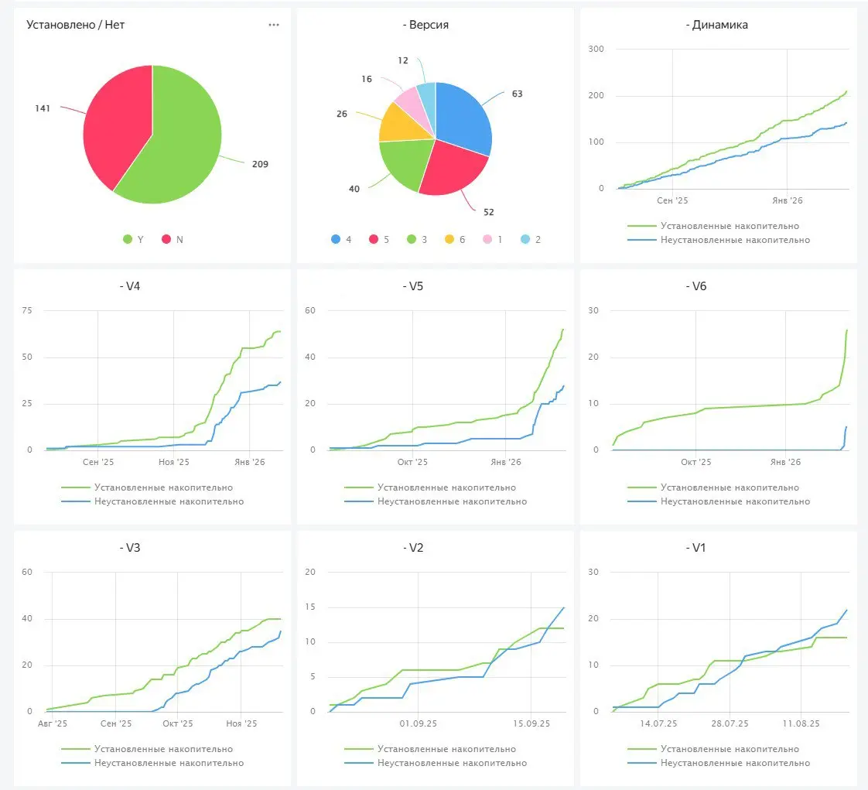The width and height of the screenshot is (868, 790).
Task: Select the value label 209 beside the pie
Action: click(260, 164)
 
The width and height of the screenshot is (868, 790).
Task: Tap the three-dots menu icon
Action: click(274, 25)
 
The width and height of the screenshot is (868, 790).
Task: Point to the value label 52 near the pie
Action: click(488, 212)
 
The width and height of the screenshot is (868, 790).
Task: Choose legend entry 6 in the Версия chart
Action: click(463, 240)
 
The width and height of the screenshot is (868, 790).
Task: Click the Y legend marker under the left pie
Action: click(128, 240)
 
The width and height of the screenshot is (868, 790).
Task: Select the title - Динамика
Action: click(716, 25)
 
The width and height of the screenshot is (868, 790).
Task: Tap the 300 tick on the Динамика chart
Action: click(596, 50)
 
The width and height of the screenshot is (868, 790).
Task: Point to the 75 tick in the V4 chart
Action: click(28, 311)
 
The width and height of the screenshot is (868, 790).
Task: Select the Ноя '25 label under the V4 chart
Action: click(173, 462)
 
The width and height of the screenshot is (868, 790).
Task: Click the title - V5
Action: click(414, 286)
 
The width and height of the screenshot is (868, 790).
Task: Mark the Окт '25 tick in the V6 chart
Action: click(695, 462)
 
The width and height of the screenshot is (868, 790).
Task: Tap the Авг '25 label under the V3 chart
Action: click(52, 723)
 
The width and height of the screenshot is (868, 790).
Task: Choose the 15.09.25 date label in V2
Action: click(531, 723)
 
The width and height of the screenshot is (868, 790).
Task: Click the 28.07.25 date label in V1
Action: click(730, 723)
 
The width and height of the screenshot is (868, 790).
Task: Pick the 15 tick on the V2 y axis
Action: click(312, 607)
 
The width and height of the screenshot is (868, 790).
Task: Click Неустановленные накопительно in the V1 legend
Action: click(735, 763)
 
